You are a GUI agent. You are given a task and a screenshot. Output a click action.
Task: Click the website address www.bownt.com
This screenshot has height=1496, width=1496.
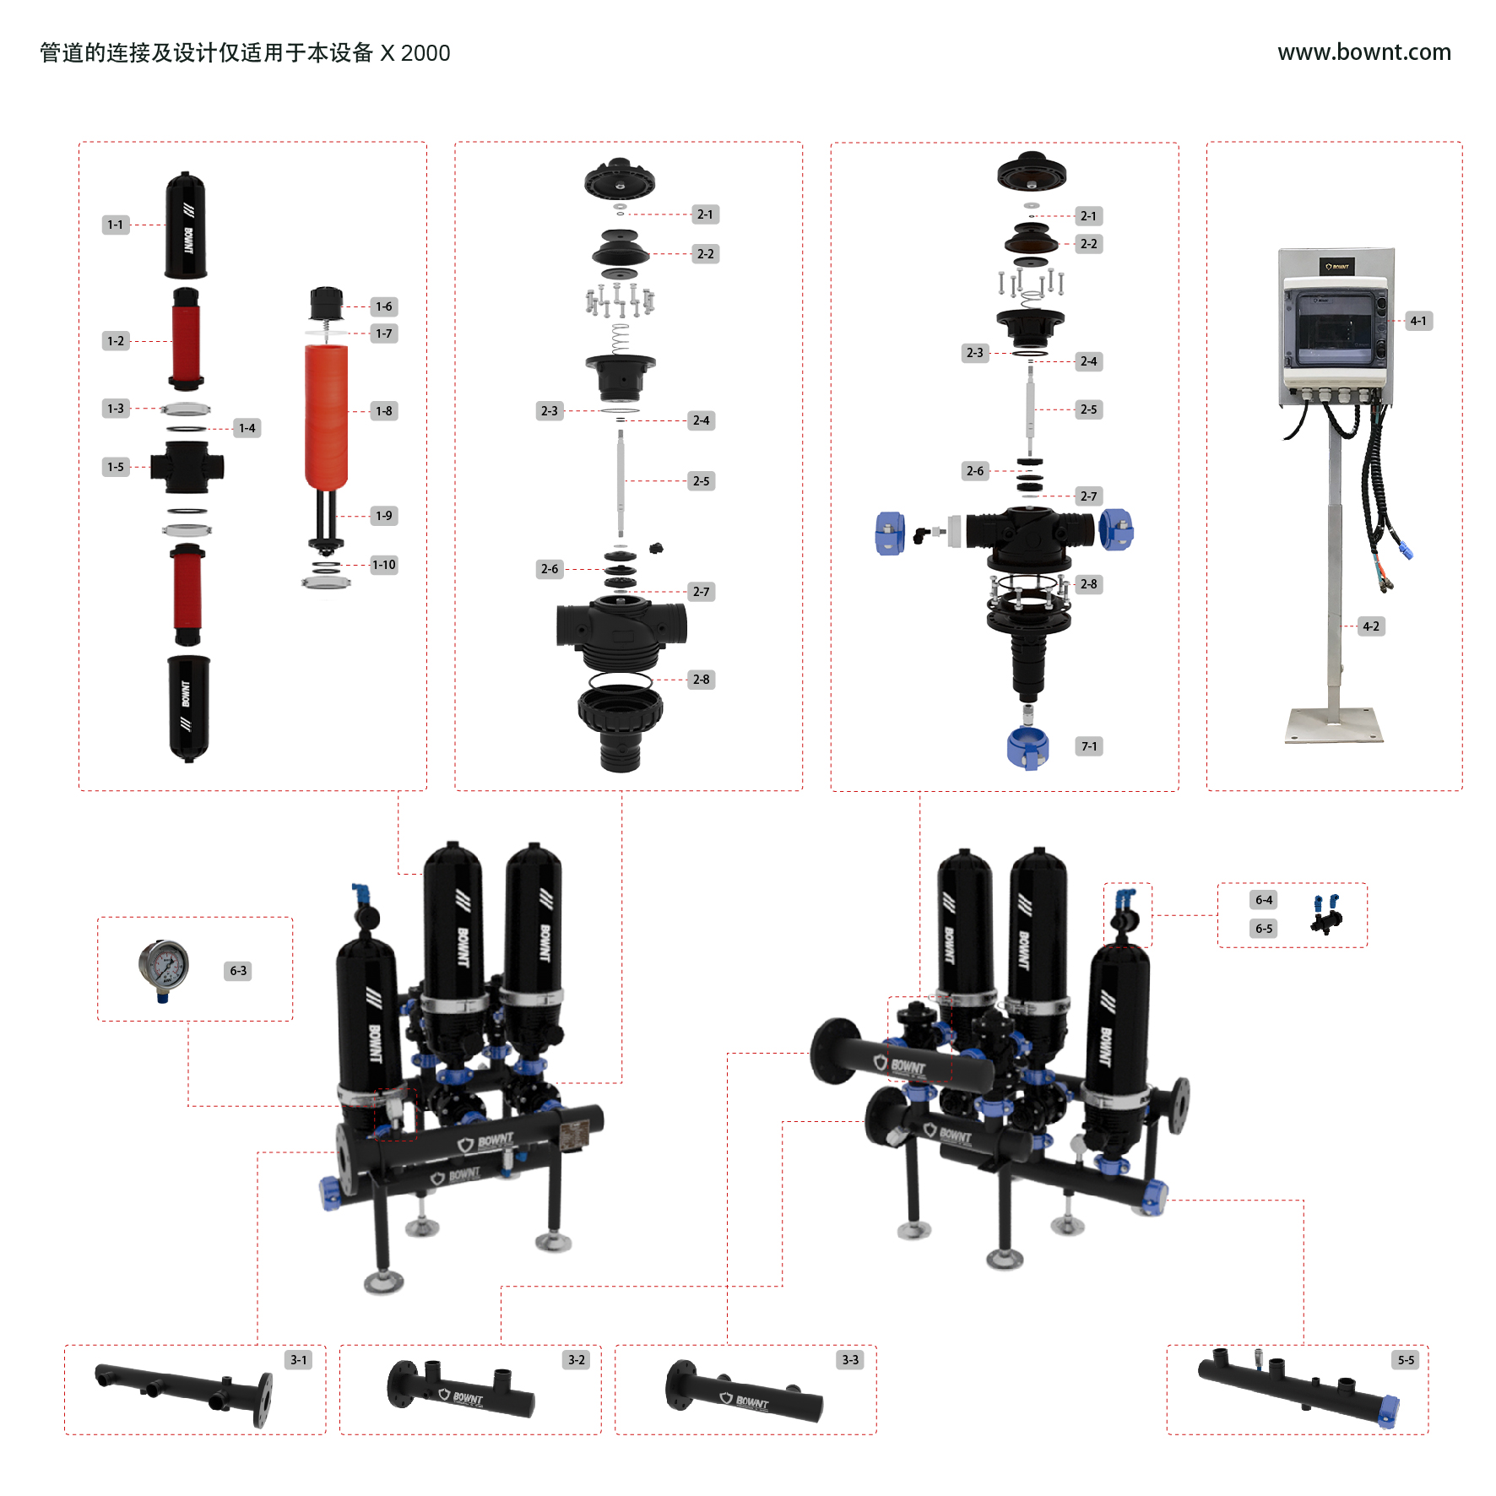[1363, 52]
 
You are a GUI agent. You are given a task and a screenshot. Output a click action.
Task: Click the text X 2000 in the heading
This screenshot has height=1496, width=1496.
[415, 53]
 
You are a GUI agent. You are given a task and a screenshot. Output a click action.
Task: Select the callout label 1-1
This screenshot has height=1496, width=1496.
[116, 225]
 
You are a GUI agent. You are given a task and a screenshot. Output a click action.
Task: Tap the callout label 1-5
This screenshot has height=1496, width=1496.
[116, 467]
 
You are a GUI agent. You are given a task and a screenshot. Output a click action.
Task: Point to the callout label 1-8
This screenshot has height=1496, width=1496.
[384, 411]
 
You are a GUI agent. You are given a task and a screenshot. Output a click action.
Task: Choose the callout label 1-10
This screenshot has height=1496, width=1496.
[384, 565]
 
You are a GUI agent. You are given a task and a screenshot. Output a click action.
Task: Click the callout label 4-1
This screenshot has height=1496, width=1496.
[1418, 321]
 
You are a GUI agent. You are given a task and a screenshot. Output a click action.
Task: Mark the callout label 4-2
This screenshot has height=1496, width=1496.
[1371, 626]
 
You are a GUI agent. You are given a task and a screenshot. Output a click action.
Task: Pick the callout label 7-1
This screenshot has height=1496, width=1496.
[1089, 746]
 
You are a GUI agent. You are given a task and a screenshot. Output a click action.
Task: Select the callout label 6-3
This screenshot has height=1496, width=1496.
[239, 971]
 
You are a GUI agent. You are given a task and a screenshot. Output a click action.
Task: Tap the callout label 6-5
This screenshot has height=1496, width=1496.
[1264, 929]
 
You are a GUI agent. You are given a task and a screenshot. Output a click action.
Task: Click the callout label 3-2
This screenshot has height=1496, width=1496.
[577, 1360]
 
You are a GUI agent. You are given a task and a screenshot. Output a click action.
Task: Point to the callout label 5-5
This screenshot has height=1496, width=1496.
[1406, 1360]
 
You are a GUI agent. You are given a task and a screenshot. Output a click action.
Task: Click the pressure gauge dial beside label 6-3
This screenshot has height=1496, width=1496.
[164, 966]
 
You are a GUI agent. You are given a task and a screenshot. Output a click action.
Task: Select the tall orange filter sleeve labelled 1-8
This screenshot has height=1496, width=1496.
[326, 416]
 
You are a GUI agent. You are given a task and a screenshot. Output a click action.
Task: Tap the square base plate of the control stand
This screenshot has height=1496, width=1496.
[1335, 725]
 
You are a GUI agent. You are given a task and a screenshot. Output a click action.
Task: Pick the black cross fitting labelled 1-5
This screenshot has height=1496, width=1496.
[187, 467]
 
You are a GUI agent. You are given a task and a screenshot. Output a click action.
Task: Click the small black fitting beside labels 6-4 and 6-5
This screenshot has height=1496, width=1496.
[1326, 913]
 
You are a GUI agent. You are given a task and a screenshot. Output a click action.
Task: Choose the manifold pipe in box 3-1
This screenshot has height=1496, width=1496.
[184, 1389]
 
